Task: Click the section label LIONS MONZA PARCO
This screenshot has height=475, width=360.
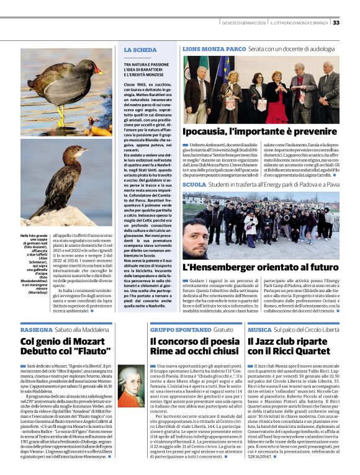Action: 214,48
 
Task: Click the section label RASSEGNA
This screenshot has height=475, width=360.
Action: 37,329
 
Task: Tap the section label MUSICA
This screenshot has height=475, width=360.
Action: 259,330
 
